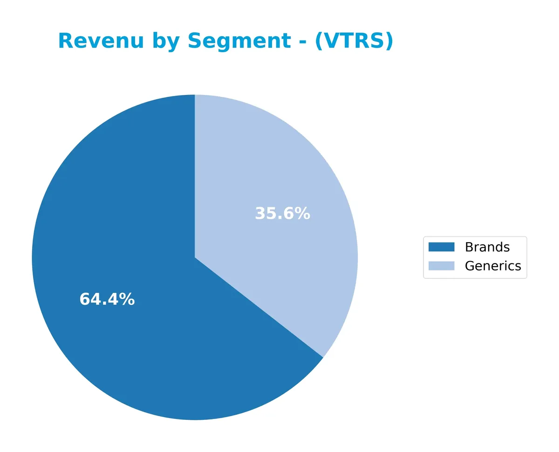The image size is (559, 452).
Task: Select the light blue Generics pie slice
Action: pyautogui.click(x=279, y=177)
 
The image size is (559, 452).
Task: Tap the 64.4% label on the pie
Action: pyautogui.click(x=107, y=299)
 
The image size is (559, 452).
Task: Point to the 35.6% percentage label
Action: pyautogui.click(x=282, y=214)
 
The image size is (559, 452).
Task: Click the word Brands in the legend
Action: pyautogui.click(x=487, y=247)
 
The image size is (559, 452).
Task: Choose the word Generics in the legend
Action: pyautogui.click(x=493, y=266)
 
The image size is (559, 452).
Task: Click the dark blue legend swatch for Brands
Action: pyautogui.click(x=441, y=247)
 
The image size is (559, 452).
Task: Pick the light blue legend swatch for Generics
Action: pyautogui.click(x=441, y=266)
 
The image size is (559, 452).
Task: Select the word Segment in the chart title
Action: pyautogui.click(x=239, y=41)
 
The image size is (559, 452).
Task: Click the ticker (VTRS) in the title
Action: pyautogui.click(x=354, y=41)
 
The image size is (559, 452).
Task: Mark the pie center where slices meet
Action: pyautogui.click(x=195, y=257)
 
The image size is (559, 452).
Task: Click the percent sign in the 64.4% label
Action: pyautogui.click(x=127, y=299)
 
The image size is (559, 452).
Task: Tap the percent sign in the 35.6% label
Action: pyautogui.click(x=302, y=214)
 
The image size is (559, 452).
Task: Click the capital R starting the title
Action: pyautogui.click(x=64, y=41)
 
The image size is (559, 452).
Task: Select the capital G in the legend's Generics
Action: pyautogui.click(x=470, y=266)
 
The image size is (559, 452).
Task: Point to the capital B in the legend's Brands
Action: pyautogui.click(x=469, y=247)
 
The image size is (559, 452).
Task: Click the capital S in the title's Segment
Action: pyautogui.click(x=194, y=41)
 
